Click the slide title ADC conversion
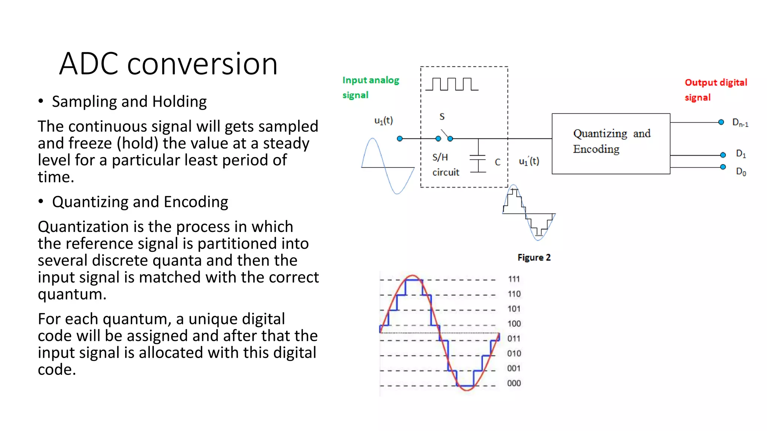(x=168, y=64)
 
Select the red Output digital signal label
(x=715, y=90)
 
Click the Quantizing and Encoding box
(x=611, y=144)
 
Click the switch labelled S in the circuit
(x=444, y=135)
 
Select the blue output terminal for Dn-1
(x=721, y=122)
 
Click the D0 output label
(x=741, y=172)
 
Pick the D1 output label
(x=741, y=153)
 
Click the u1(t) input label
(x=383, y=120)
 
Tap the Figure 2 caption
(x=534, y=257)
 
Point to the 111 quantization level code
(x=514, y=279)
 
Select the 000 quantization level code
(x=514, y=383)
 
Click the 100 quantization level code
(x=514, y=324)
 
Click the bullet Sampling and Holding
(x=129, y=102)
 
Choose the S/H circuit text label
(x=445, y=165)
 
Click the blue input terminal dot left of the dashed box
(x=400, y=138)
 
